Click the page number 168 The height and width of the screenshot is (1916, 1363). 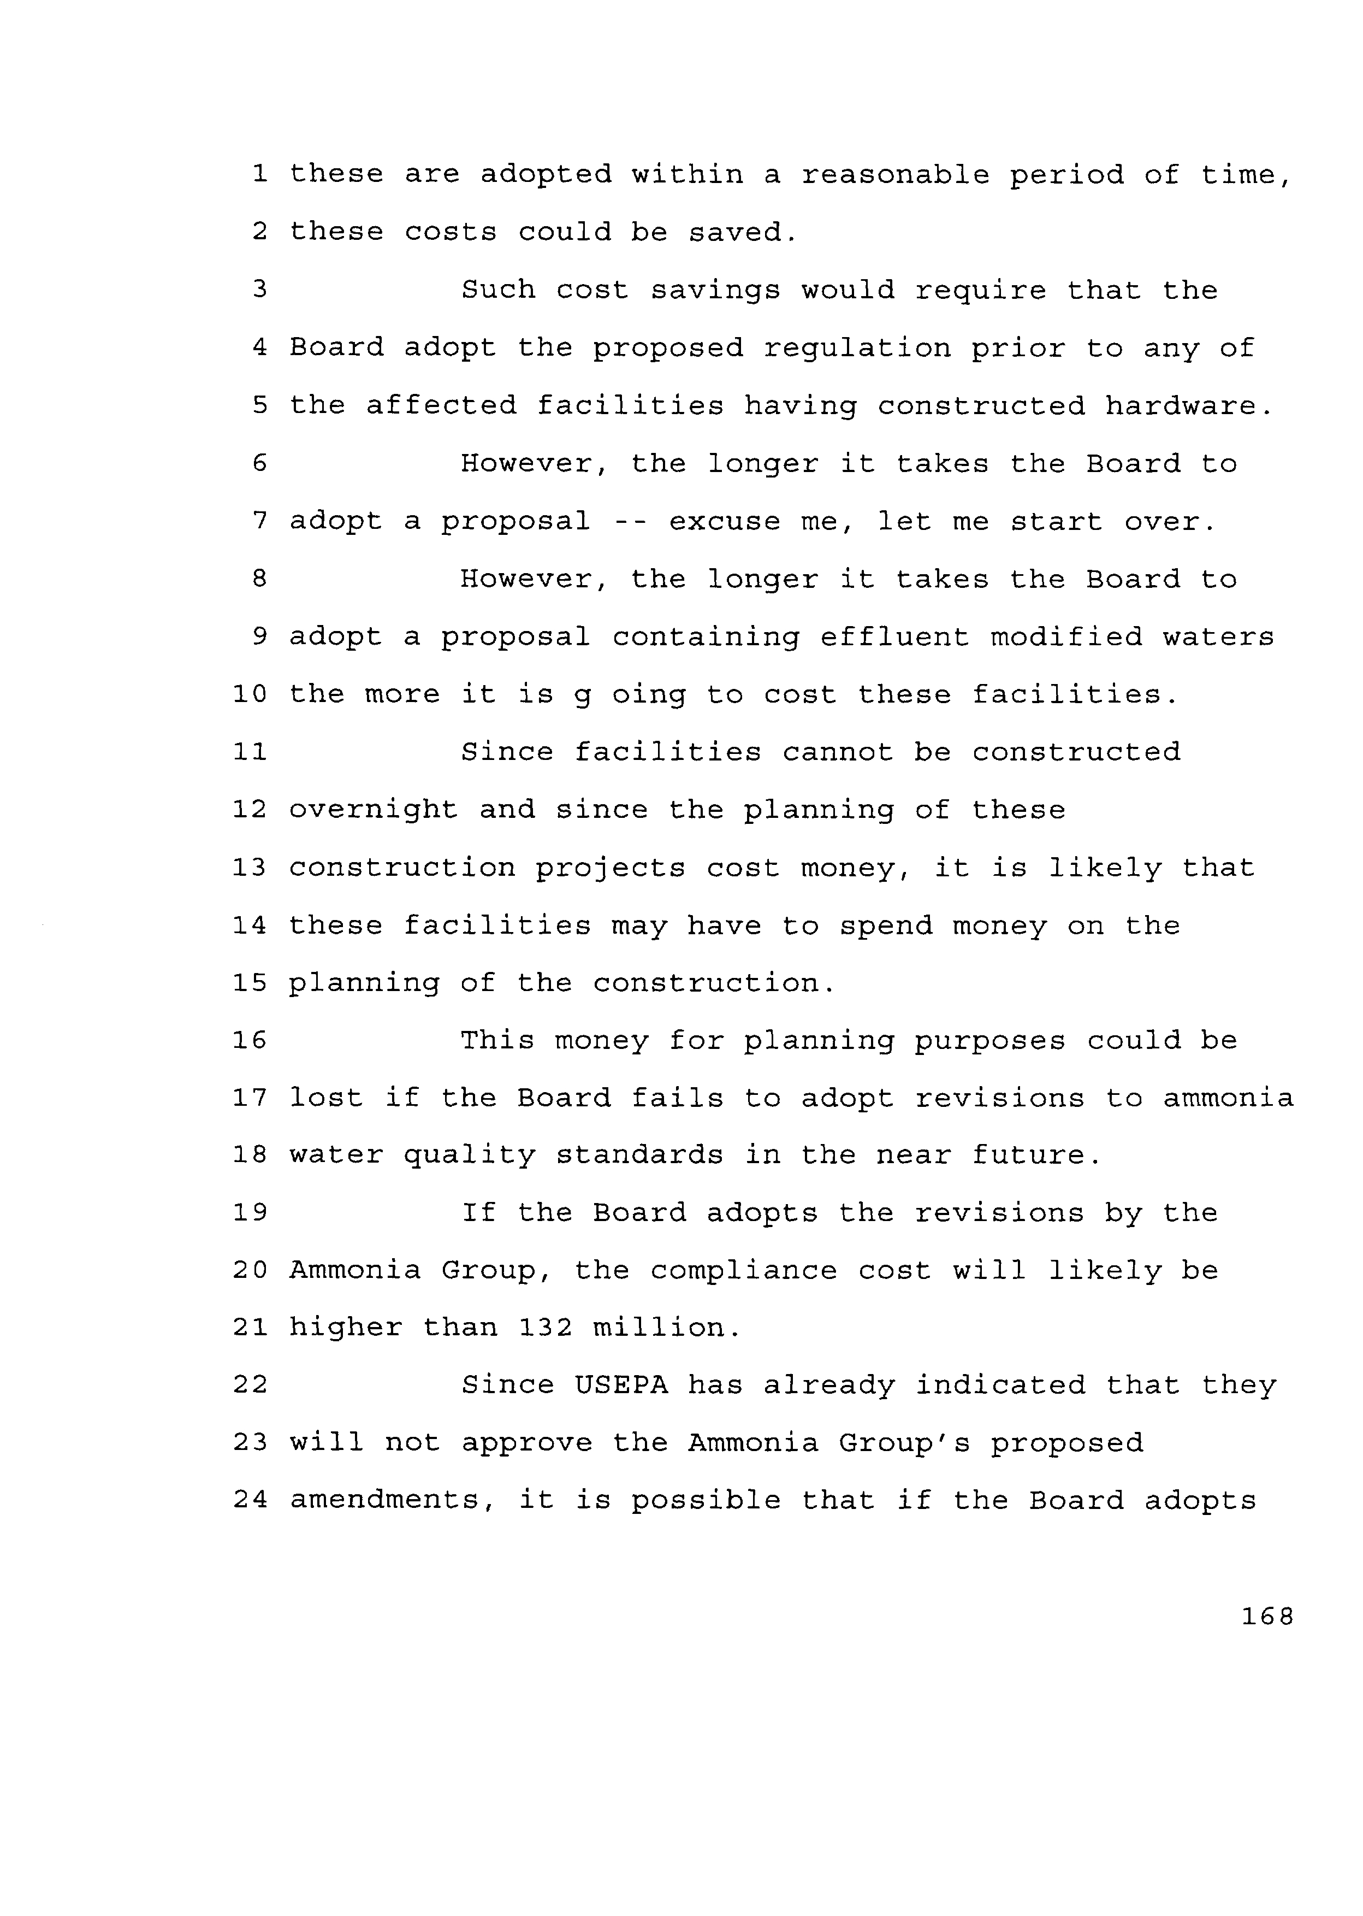(1267, 1616)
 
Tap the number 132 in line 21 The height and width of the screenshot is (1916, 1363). (546, 1328)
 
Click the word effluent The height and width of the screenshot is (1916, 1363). (894, 636)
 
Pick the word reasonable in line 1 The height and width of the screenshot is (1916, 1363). (894, 175)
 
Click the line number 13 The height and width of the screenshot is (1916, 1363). (249, 868)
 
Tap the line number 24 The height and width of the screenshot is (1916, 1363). (249, 1500)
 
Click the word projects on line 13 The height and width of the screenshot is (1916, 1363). (611, 868)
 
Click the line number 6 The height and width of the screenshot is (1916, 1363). (259, 463)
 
